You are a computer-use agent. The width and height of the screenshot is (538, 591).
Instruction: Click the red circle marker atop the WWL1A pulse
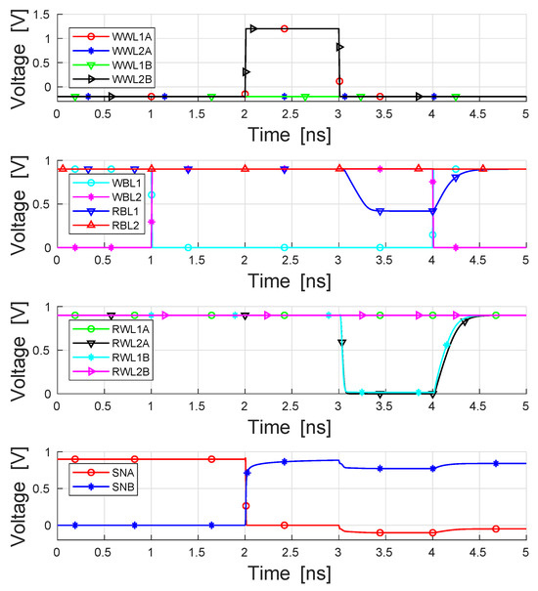tap(284, 29)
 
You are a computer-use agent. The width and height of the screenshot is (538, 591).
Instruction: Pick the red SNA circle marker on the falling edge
tap(246, 505)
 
